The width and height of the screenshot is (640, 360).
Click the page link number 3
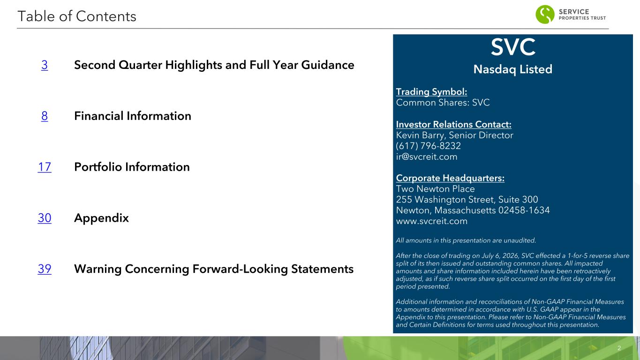pos(45,65)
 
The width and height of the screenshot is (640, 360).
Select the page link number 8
pos(45,116)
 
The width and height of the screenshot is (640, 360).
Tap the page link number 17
pos(45,167)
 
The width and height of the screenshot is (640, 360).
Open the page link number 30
pos(45,218)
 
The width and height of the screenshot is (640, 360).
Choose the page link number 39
pos(45,269)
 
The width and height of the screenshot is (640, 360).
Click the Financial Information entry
pos(133,116)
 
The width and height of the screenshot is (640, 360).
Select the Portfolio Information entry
pos(132,167)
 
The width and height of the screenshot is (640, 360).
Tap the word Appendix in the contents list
pos(101,218)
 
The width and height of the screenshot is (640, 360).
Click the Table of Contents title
pos(77,16)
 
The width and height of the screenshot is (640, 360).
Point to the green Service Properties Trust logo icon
pos(545,14)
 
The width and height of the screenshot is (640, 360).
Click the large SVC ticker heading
pos(513,47)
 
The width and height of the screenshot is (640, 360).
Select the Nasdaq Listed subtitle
pos(513,69)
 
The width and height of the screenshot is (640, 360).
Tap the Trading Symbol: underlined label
pos(431,92)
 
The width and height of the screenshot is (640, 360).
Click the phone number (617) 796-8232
pos(428,146)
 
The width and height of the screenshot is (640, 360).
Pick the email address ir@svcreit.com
pos(427,157)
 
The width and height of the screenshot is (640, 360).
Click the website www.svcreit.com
pos(432,221)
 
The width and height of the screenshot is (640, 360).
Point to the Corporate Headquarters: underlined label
pos(450,178)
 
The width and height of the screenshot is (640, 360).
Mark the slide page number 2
pos(619,348)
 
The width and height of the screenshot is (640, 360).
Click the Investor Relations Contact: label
pos(454,125)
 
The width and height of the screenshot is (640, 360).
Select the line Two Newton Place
pos(436,189)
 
